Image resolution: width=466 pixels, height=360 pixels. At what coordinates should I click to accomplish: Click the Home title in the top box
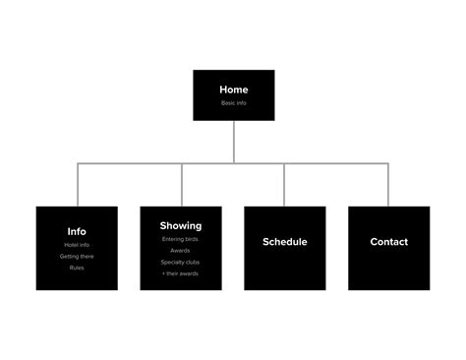coord(234,90)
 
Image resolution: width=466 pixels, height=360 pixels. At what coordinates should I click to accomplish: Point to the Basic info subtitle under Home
coord(234,102)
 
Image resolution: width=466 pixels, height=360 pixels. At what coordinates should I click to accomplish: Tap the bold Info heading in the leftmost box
coord(77,232)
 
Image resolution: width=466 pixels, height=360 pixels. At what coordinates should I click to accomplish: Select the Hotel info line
coord(77,244)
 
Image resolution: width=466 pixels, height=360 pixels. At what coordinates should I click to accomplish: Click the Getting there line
coord(77,256)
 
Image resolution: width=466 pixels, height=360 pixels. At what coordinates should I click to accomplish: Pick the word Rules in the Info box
coord(77,268)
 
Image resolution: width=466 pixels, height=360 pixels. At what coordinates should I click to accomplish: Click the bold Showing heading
coord(181,225)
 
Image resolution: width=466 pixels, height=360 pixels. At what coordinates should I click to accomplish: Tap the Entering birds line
coord(181,238)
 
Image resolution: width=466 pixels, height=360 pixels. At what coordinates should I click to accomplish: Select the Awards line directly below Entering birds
coord(181,250)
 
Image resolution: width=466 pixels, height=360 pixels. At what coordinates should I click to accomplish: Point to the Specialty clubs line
coord(181,262)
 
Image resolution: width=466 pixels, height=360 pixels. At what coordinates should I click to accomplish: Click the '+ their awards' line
coord(181,273)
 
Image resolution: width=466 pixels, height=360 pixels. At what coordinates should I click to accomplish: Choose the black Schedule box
coord(285,248)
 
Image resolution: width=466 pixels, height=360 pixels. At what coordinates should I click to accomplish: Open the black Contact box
coord(389,248)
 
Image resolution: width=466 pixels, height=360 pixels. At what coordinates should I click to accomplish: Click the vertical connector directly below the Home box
coord(234,143)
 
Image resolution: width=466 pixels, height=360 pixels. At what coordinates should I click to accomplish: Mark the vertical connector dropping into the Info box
coord(78,185)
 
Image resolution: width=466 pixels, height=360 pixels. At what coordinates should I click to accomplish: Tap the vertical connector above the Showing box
coord(182,185)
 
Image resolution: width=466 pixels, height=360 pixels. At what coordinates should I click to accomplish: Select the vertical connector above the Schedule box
coord(285,185)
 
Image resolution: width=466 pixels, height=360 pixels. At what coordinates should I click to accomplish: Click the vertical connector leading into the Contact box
coord(388,185)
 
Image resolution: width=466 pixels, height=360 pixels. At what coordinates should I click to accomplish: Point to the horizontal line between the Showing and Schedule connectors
coord(260,164)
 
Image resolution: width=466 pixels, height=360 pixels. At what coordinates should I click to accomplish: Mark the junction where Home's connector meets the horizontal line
coord(234,164)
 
